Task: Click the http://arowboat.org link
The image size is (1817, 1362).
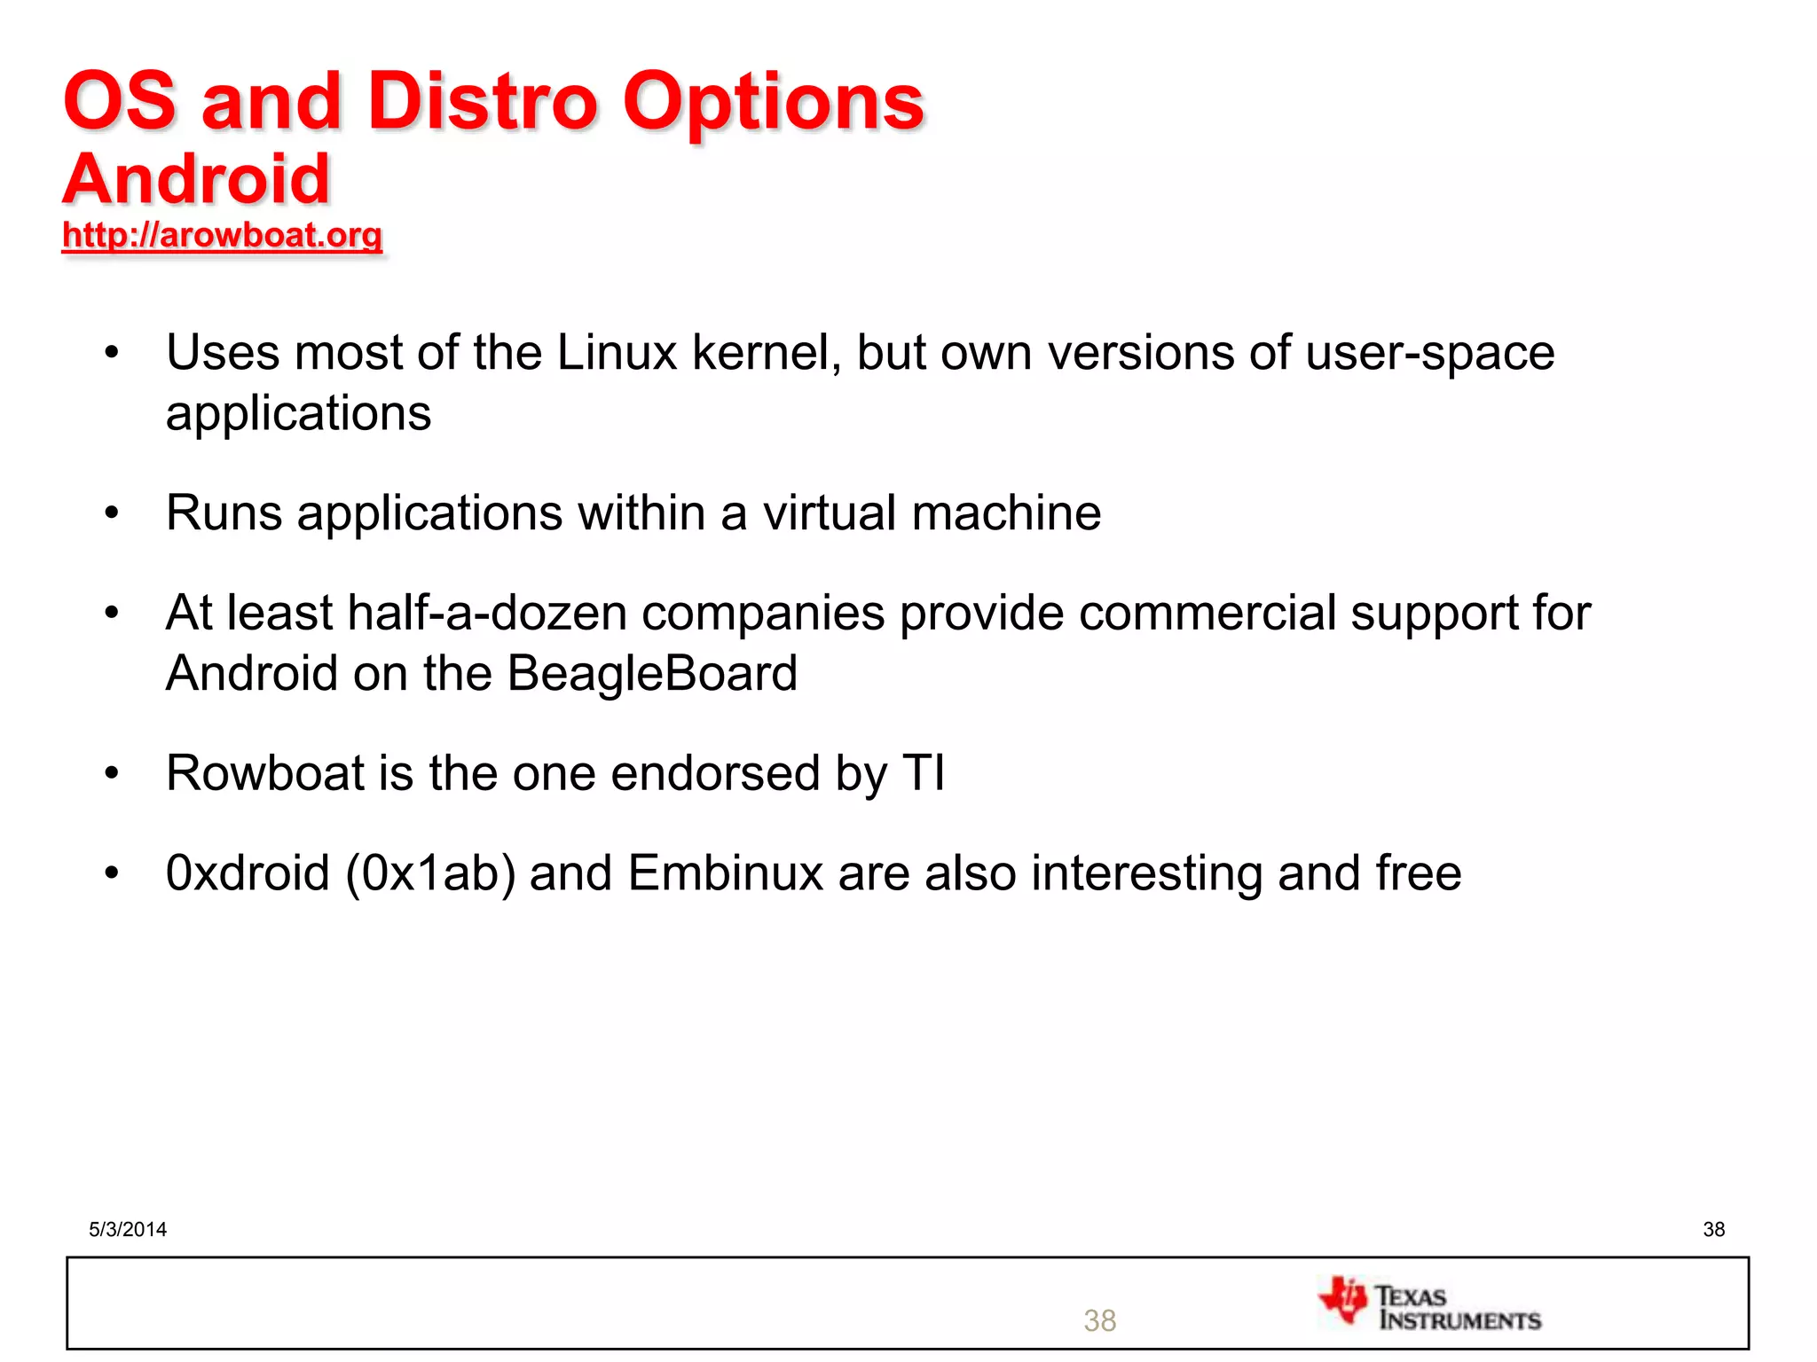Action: pyautogui.click(x=222, y=235)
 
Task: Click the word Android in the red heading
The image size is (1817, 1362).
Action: pyautogui.click(x=196, y=179)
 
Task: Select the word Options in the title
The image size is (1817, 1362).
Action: pyautogui.click(x=773, y=103)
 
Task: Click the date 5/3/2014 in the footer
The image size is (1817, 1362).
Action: pyautogui.click(x=128, y=1229)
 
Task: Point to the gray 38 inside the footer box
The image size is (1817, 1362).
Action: pyautogui.click(x=1099, y=1320)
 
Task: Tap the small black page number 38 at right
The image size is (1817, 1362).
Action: pyautogui.click(x=1713, y=1229)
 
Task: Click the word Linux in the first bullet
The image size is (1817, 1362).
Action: pyautogui.click(x=617, y=352)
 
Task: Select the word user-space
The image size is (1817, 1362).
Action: pyautogui.click(x=1430, y=354)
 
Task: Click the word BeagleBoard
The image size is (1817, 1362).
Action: pyautogui.click(x=652, y=673)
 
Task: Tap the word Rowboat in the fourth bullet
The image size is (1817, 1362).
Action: pyautogui.click(x=265, y=772)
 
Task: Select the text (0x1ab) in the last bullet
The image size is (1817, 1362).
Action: pyautogui.click(x=430, y=873)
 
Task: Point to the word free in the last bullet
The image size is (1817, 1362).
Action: pyautogui.click(x=1418, y=873)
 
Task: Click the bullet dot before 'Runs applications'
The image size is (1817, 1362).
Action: pyautogui.click(x=111, y=513)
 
